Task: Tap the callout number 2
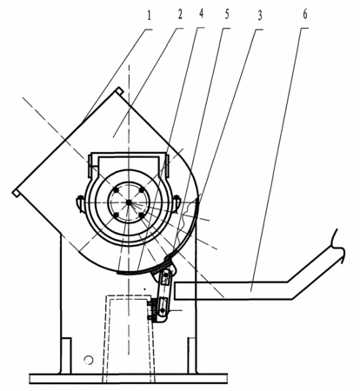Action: point(180,15)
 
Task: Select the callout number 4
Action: point(201,14)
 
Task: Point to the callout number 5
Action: point(227,14)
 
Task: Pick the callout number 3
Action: point(260,16)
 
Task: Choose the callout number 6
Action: point(305,14)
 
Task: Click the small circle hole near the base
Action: point(89,360)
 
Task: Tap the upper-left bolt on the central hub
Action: point(116,190)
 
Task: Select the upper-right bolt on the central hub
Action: point(142,190)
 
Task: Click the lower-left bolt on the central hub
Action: point(116,215)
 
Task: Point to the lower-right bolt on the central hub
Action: point(142,215)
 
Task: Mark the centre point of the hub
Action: point(129,202)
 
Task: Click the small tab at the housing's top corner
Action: point(119,90)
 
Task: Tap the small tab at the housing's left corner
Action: point(17,194)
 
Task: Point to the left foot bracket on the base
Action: point(66,355)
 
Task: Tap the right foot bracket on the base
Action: point(192,355)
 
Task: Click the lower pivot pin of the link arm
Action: point(163,310)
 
